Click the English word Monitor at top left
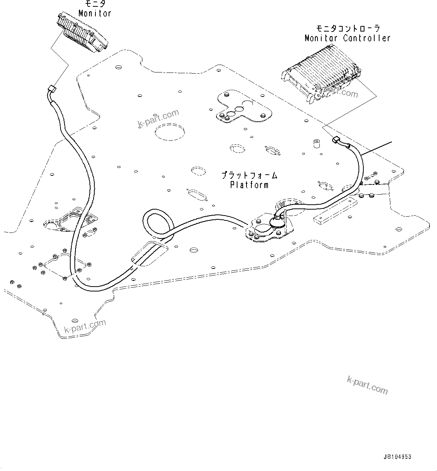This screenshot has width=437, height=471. click(x=95, y=13)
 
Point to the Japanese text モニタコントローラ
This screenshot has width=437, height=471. click(x=348, y=29)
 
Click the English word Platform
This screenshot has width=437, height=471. click(x=249, y=185)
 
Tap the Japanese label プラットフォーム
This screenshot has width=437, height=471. click(x=249, y=175)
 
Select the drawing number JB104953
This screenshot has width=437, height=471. click(x=397, y=457)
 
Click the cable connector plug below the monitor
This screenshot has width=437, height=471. click(x=52, y=90)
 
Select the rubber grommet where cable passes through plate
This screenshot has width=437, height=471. click(x=277, y=222)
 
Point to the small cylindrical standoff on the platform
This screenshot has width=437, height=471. click(x=316, y=144)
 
